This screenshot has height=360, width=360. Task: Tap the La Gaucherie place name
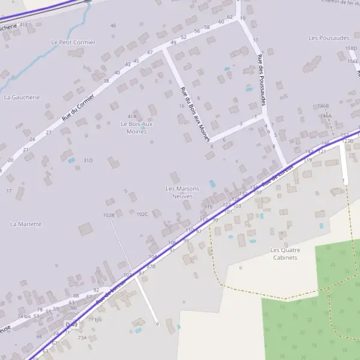pyautogui.click(x=22, y=97)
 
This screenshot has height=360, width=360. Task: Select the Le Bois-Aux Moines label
pyautogui.click(x=137, y=128)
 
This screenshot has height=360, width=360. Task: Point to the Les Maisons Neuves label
pyautogui.click(x=182, y=192)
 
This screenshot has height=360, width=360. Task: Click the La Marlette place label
pyautogui.click(x=26, y=224)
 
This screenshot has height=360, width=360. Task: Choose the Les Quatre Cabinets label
pyautogui.click(x=284, y=253)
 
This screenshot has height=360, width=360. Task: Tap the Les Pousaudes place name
pyautogui.click(x=325, y=38)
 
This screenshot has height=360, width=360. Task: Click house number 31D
pyautogui.click(x=88, y=160)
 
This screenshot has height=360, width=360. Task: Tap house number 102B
pyautogui.click(x=109, y=214)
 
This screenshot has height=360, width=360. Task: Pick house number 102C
pyautogui.click(x=142, y=214)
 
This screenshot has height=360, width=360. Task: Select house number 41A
pyautogui.click(x=132, y=116)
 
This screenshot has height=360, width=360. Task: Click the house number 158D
pyautogui.click(x=351, y=48)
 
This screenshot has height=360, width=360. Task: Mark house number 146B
pyautogui.click(x=323, y=106)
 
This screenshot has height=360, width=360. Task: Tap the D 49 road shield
pyautogui.click(x=72, y=324)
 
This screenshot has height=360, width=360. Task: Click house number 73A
pyautogui.click(x=82, y=338)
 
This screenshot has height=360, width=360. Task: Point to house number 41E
pyautogui.click(x=23, y=25)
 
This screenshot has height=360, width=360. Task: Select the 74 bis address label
pyautogui.click(x=24, y=316)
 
